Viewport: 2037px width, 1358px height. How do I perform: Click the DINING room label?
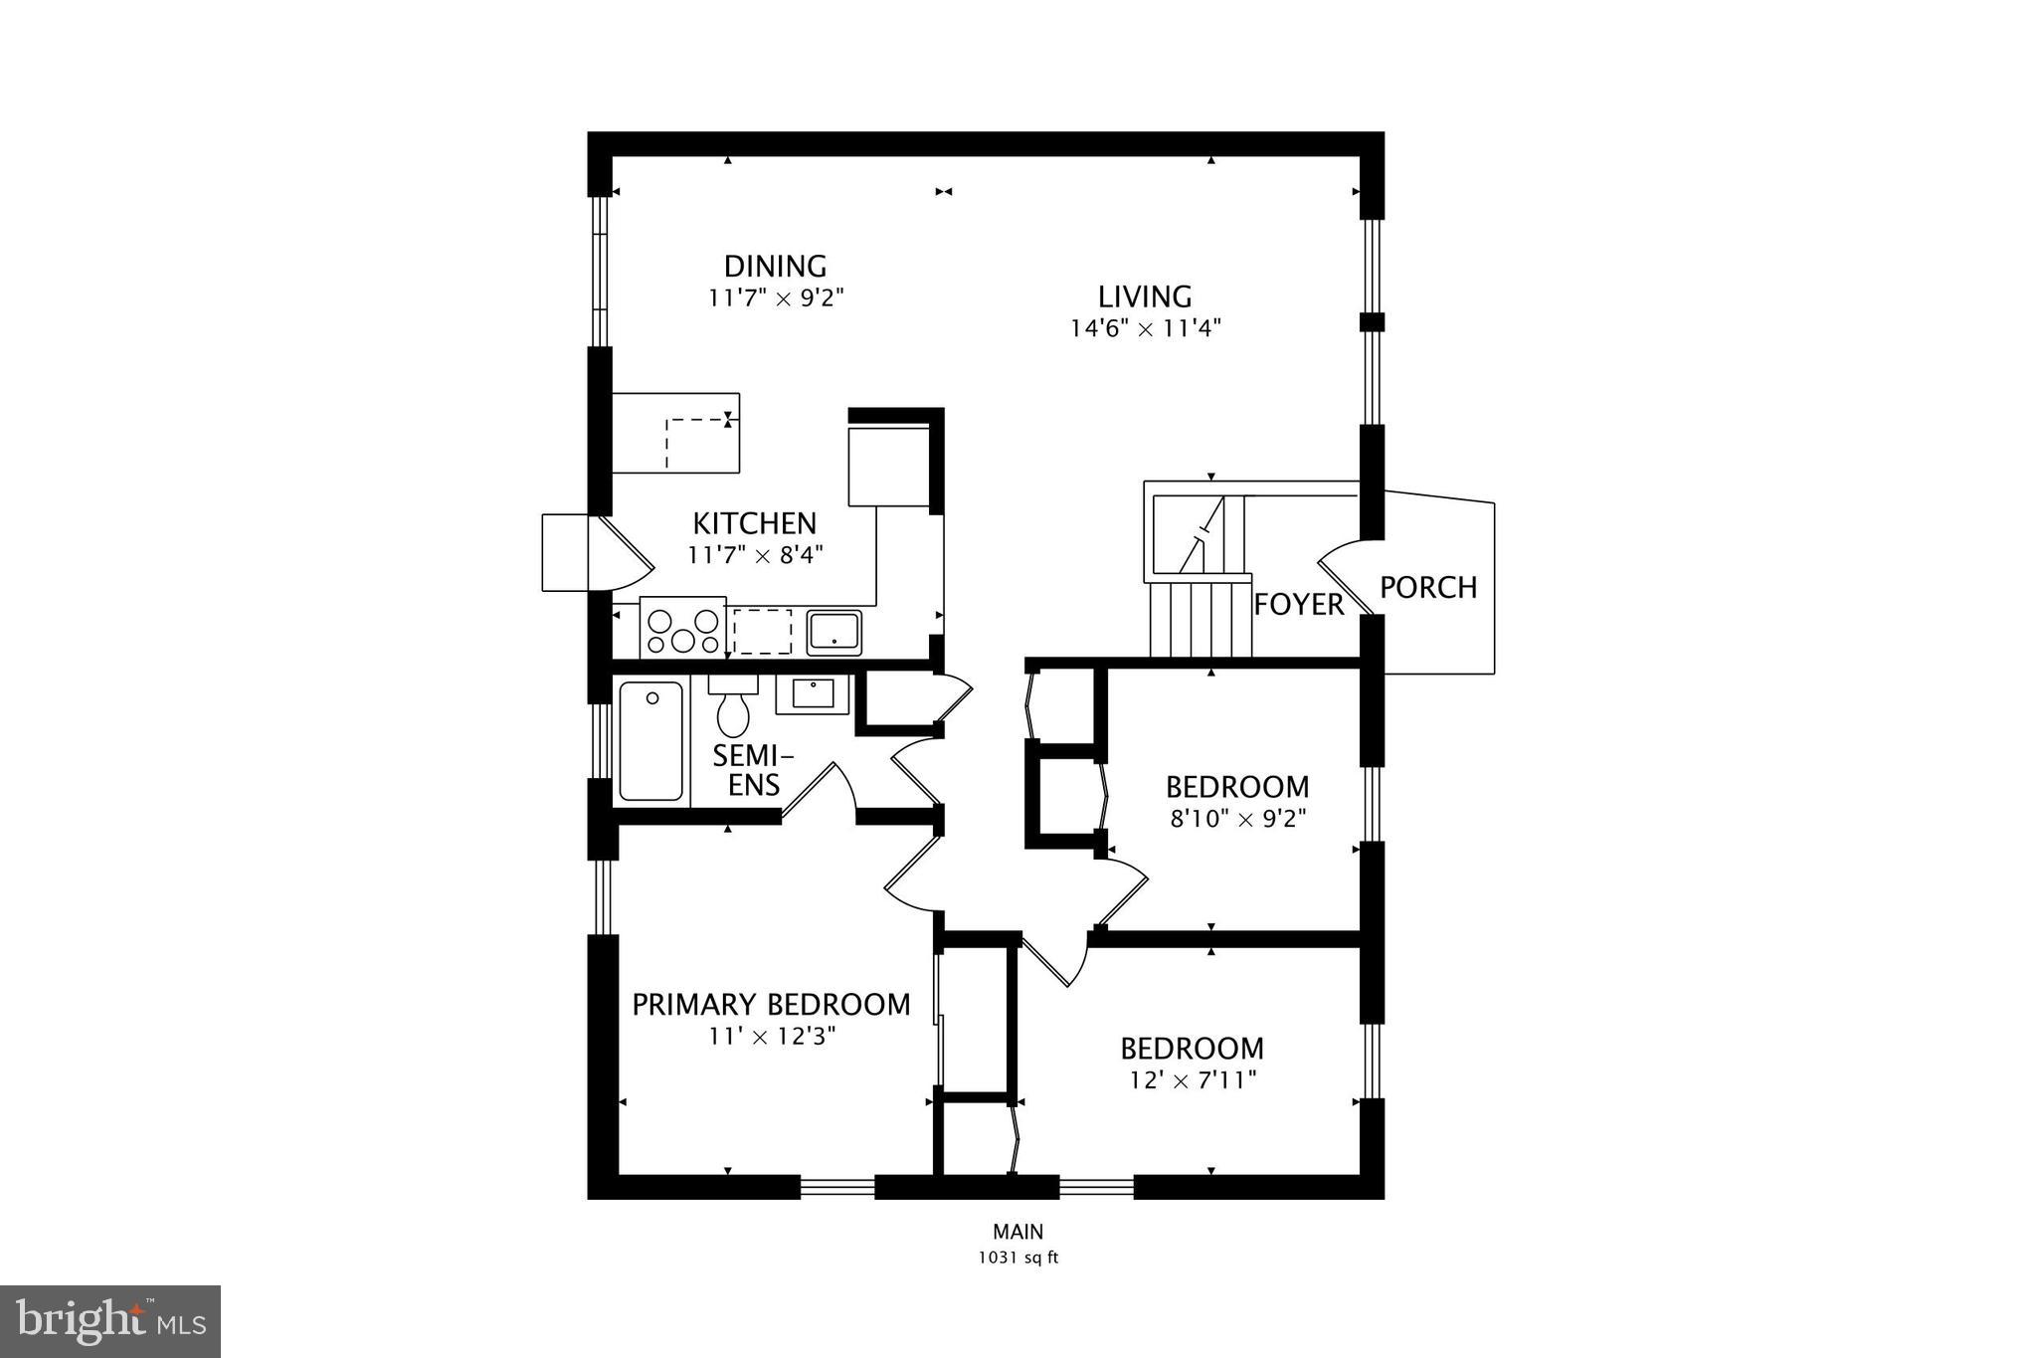tap(775, 267)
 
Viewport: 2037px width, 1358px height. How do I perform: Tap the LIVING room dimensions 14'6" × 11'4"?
tap(1145, 328)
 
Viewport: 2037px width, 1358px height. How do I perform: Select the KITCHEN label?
tap(754, 523)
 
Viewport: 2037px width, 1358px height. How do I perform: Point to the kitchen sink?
tap(833, 632)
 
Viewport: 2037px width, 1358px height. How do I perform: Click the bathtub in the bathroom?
tap(651, 741)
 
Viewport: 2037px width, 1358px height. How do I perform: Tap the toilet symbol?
tap(733, 709)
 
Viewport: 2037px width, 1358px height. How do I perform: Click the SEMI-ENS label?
tap(753, 770)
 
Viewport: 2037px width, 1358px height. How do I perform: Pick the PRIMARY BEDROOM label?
tap(771, 1005)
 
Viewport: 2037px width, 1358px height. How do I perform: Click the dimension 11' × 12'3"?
tap(771, 1037)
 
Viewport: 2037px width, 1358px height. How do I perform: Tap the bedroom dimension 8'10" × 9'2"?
tap(1237, 819)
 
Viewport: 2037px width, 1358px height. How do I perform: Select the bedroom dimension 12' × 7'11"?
tap(1193, 1080)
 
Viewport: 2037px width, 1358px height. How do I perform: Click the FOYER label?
tap(1298, 604)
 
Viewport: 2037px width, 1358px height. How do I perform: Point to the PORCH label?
tap(1428, 588)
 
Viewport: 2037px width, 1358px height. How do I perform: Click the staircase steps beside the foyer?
tap(1199, 619)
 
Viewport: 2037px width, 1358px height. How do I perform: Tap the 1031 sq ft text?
tap(1018, 1258)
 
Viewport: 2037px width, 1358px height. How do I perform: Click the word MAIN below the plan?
tap(1018, 1233)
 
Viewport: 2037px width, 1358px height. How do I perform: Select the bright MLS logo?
tap(110, 1321)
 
